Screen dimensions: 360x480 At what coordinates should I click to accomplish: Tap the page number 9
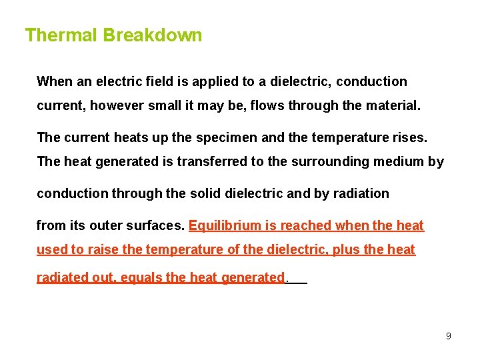click(449, 336)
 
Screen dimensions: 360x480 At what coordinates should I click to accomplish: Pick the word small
click(165, 105)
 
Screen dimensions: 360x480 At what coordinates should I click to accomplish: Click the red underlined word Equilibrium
click(225, 226)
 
